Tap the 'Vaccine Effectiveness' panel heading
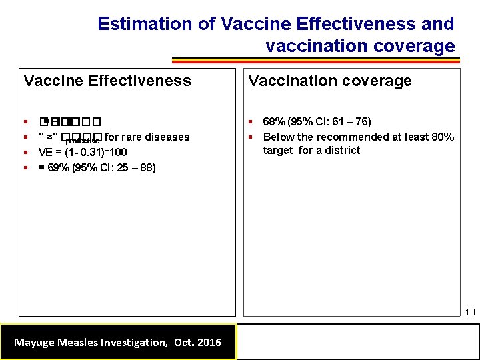107,81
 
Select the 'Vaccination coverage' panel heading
330,81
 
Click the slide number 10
469,312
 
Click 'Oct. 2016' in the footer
197,342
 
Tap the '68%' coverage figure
272,122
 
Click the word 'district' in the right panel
343,150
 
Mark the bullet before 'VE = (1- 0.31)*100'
25,153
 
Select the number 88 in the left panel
147,167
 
